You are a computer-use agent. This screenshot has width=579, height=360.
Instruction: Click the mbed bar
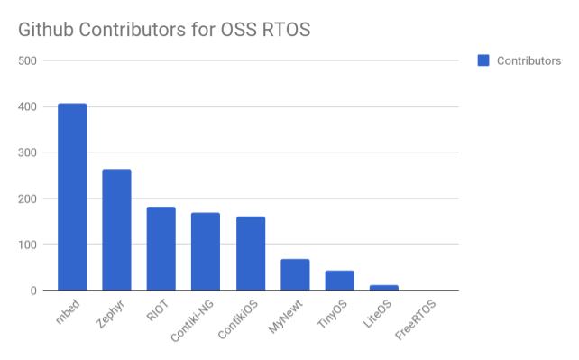point(72,197)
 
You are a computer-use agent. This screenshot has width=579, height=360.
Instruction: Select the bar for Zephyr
point(116,230)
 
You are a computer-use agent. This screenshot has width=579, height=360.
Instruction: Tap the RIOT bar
point(161,248)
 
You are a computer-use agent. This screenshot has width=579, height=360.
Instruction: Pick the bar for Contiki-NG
point(206,252)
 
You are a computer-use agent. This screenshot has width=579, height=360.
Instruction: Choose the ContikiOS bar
point(251,254)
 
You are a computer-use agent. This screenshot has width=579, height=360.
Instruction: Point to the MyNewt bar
point(295,274)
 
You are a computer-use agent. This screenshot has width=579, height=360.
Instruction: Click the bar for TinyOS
point(340,281)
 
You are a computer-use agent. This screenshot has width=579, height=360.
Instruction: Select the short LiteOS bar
point(384,288)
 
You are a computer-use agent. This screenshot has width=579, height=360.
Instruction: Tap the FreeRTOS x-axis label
point(416,319)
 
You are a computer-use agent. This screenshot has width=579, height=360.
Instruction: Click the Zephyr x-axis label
point(110,314)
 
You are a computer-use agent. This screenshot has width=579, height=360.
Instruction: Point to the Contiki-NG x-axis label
point(192,320)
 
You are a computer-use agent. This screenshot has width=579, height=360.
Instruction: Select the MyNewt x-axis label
point(285,317)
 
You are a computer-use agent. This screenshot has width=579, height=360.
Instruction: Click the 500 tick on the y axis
point(27,61)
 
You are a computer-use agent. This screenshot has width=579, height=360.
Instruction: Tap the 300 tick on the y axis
point(27,152)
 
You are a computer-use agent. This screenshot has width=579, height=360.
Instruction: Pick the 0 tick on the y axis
point(33,291)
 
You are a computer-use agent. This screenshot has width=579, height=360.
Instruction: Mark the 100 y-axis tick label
point(27,245)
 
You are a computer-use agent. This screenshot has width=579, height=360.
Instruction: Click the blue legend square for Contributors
point(483,60)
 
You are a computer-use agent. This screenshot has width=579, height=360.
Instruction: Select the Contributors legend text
point(528,61)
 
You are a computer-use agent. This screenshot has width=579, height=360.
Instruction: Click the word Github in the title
point(46,30)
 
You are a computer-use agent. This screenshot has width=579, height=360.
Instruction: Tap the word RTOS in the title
point(286,30)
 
